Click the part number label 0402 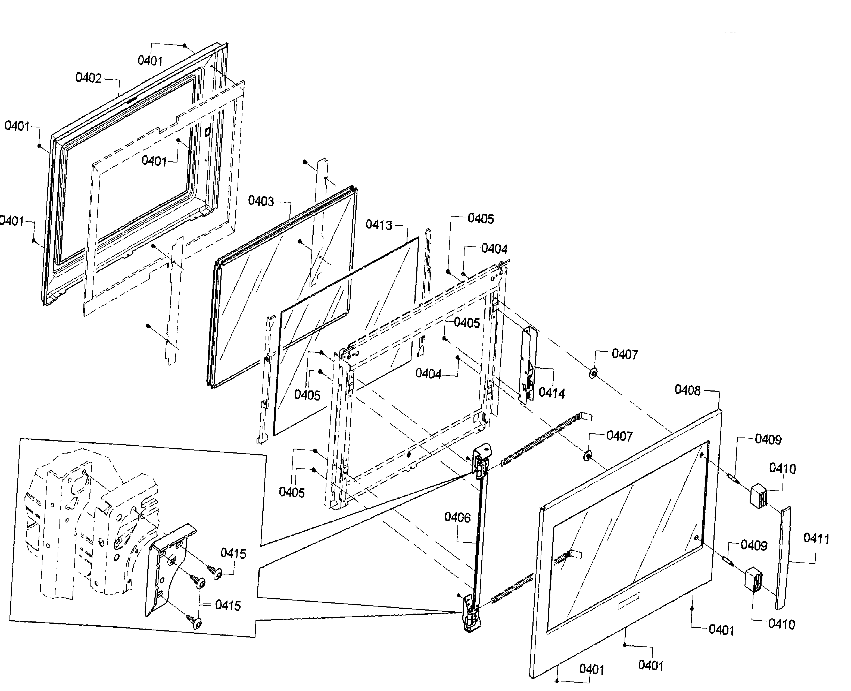click(x=88, y=78)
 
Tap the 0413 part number click(x=379, y=225)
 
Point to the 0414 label click(x=552, y=393)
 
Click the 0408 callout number click(x=687, y=390)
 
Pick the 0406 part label click(x=457, y=517)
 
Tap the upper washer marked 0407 click(x=592, y=373)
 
